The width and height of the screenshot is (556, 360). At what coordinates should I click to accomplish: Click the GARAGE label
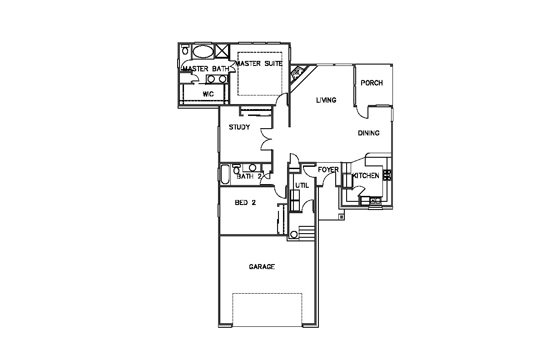click(262, 267)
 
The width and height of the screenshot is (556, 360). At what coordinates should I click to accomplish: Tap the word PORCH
click(372, 83)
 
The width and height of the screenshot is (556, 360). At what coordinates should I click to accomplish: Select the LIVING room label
click(326, 100)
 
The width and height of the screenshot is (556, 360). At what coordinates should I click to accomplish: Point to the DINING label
click(368, 133)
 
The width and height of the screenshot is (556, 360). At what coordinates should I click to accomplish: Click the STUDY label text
click(239, 127)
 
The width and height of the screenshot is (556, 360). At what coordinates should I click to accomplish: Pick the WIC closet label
click(208, 94)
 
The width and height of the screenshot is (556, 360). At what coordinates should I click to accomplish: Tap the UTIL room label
click(302, 185)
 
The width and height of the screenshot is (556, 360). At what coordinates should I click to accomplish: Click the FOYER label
click(328, 170)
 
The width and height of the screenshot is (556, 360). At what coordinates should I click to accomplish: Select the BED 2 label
click(245, 203)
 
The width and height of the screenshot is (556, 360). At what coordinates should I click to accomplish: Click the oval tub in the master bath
click(203, 52)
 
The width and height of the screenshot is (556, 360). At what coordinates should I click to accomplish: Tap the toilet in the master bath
click(185, 50)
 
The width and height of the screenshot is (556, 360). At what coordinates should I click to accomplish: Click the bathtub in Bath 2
click(225, 175)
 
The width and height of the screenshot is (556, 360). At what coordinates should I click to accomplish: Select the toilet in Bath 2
click(237, 169)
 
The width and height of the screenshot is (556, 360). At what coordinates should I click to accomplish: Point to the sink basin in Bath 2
click(253, 168)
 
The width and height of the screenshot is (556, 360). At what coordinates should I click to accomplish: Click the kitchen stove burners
click(387, 175)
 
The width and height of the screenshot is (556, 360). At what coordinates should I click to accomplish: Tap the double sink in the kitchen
click(375, 200)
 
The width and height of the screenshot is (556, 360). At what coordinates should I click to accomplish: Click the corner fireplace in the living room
click(298, 73)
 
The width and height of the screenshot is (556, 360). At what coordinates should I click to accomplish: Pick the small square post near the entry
click(342, 217)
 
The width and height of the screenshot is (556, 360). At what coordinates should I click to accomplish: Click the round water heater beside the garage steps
click(294, 235)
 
